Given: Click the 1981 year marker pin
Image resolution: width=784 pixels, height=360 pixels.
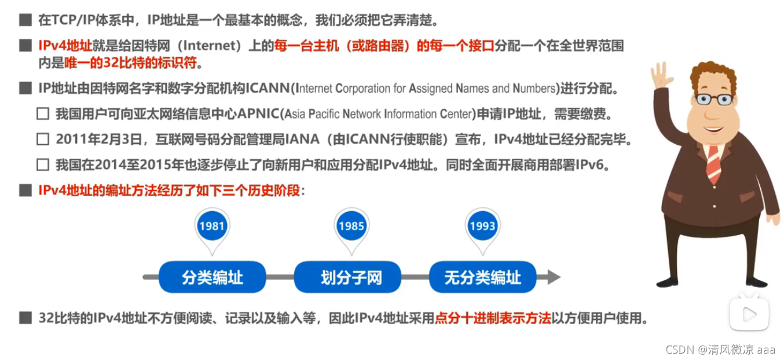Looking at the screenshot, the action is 211,226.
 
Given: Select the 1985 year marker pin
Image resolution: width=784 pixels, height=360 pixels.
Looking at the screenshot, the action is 351,226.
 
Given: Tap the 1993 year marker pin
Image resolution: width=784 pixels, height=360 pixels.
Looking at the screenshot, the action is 482,226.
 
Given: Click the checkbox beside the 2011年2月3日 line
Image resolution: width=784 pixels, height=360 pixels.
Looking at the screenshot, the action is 42,139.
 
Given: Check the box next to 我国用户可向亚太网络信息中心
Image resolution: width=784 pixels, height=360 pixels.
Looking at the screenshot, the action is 42,113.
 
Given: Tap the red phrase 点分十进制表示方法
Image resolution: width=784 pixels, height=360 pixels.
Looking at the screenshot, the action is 493,318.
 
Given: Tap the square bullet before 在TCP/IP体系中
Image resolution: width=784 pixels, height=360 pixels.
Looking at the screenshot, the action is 24,21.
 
